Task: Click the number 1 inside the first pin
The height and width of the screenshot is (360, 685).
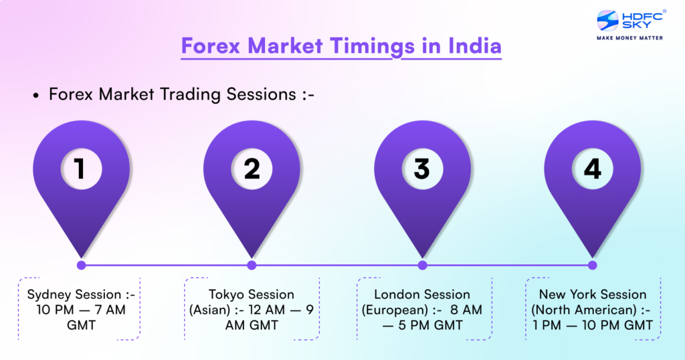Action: tap(81, 169)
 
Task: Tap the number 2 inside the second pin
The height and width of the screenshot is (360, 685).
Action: tap(252, 169)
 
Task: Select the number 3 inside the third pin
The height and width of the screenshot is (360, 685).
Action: tap(421, 169)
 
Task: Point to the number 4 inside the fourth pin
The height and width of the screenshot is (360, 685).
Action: tap(593, 169)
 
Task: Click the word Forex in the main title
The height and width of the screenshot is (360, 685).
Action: tap(211, 47)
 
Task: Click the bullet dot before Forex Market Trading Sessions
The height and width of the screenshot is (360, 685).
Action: tap(36, 96)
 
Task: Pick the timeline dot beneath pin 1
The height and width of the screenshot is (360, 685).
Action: tap(82, 265)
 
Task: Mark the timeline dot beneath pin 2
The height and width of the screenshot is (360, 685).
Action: tap(252, 265)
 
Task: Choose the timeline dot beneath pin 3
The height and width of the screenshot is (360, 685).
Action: tap(422, 265)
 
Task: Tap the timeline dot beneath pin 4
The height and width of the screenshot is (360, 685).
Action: tap(592, 265)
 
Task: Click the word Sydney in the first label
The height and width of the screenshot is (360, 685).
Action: tap(51, 295)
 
